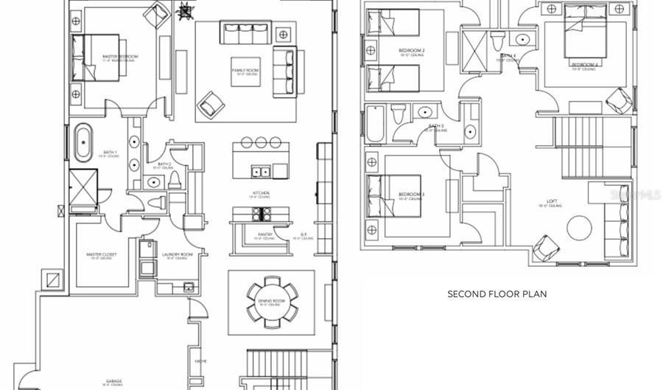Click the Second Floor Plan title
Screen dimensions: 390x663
point(497,293)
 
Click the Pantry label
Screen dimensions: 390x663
point(265,235)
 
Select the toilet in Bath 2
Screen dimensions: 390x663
point(175,179)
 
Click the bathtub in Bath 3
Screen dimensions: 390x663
point(375,125)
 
